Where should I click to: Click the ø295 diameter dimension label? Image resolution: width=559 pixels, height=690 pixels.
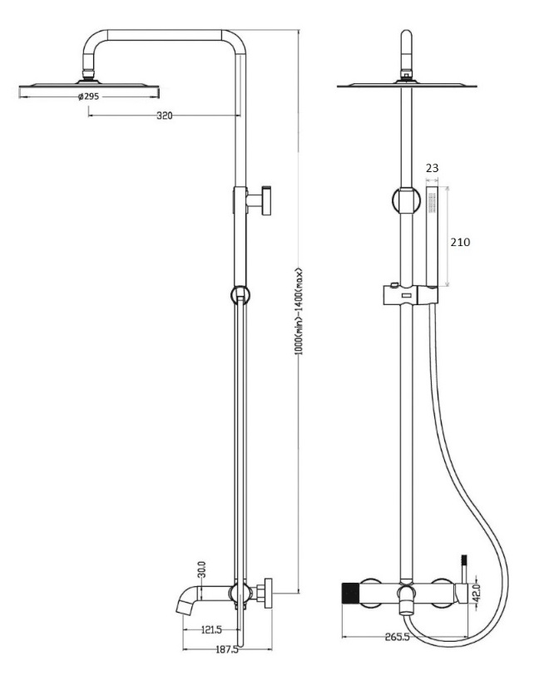tap(90, 97)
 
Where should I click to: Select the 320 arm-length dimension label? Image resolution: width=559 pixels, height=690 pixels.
tap(164, 116)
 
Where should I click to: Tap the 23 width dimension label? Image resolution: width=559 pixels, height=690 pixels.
tap(432, 169)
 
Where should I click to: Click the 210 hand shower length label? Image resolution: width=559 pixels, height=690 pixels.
tap(460, 242)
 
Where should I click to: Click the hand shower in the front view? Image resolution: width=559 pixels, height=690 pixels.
tap(433, 237)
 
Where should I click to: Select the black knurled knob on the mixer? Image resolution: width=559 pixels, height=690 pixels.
tap(353, 595)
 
